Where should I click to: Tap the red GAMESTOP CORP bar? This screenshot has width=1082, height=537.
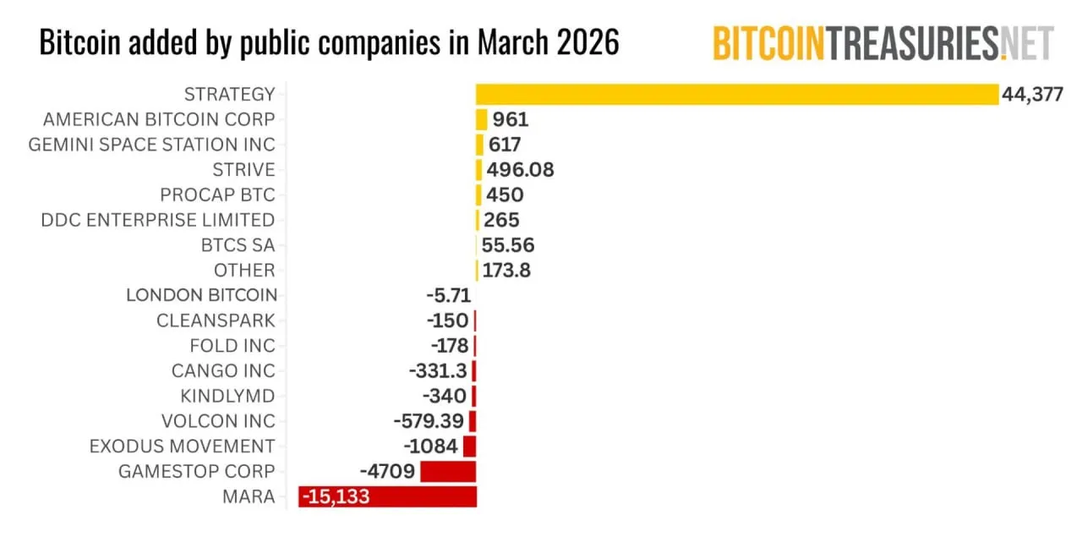point(448,471)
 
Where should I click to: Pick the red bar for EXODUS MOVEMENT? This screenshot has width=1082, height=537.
point(469,446)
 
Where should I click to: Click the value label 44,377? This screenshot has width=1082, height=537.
point(1032,94)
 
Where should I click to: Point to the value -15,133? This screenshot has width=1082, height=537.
point(336,496)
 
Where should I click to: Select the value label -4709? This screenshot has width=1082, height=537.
point(388,471)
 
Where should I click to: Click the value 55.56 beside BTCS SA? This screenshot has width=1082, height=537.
point(508,245)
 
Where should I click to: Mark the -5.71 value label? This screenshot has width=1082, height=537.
point(448,295)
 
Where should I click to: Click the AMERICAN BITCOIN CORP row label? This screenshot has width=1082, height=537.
point(159,119)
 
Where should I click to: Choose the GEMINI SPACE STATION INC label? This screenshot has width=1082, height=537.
point(152,145)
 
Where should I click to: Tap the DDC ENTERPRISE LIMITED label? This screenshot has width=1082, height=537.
point(158,220)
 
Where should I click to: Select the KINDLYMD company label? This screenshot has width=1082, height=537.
point(227,396)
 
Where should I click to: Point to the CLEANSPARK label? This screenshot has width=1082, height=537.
point(216,321)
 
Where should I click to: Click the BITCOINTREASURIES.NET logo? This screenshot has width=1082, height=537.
point(883,42)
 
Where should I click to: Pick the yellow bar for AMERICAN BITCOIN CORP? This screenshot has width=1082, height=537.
point(482,119)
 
